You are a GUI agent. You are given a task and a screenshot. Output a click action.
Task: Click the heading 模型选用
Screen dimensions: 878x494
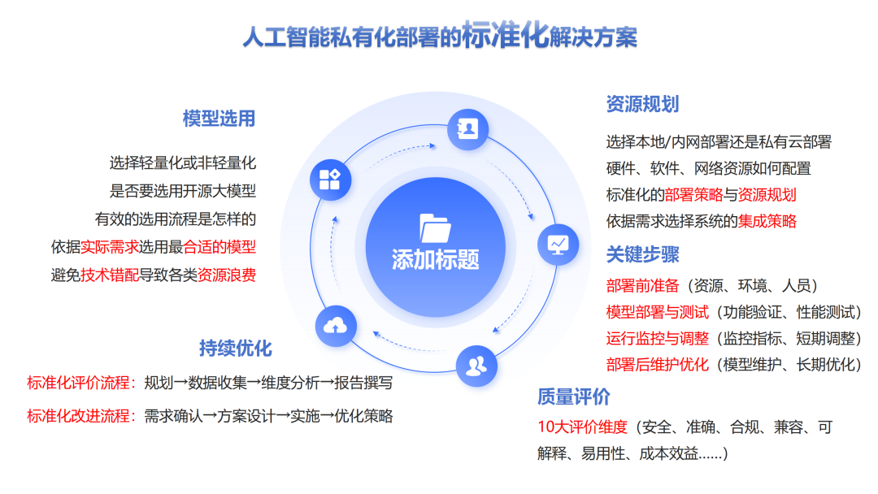[x=219, y=119]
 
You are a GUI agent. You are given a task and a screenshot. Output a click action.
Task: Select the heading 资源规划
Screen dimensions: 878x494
[x=642, y=104]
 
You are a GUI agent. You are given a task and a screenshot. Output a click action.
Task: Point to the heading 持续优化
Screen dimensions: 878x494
[x=236, y=349]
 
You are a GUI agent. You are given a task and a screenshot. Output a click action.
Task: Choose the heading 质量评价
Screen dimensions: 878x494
[x=573, y=397]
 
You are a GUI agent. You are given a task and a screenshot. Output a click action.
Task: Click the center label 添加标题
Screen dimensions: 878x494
[x=436, y=259]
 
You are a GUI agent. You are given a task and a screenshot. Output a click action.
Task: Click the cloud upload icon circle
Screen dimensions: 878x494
[x=335, y=326]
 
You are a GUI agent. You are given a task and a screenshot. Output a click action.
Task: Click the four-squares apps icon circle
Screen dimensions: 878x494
[x=330, y=180]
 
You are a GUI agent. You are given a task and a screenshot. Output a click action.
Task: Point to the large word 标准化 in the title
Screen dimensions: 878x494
[x=505, y=37]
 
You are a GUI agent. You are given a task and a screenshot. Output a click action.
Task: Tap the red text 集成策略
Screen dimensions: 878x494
[x=767, y=221]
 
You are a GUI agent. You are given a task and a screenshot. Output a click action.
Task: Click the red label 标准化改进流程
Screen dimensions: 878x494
[x=78, y=416]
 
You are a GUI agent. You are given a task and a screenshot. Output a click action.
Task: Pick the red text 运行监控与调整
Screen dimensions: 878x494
[x=657, y=338]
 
